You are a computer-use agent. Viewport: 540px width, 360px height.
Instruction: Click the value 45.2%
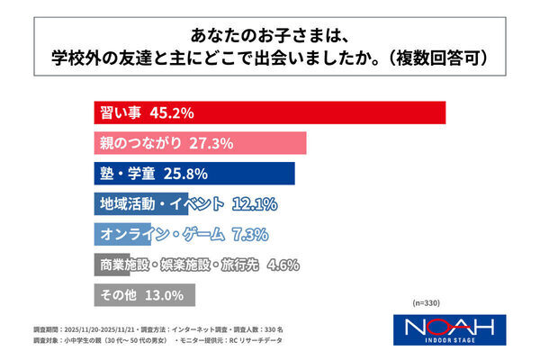[171, 113]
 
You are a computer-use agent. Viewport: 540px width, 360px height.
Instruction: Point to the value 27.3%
[212, 143]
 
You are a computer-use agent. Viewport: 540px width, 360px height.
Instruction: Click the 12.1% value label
[253, 203]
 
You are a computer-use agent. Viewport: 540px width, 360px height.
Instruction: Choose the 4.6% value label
[283, 265]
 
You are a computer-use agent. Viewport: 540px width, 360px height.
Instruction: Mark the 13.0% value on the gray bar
[165, 294]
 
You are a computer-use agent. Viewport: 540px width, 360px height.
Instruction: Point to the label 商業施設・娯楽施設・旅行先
[176, 265]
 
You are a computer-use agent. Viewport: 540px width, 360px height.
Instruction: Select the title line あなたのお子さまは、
[270, 35]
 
